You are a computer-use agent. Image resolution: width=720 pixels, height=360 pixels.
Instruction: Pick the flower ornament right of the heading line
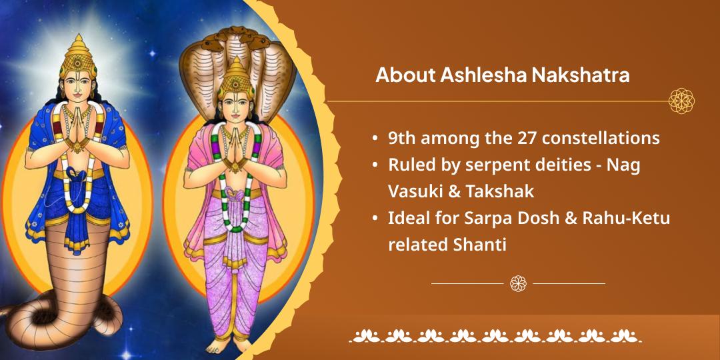point(681,101)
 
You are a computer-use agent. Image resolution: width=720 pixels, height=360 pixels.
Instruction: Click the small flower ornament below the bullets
point(518,283)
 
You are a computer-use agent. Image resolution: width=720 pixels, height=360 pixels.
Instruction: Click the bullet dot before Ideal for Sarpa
point(376,219)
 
